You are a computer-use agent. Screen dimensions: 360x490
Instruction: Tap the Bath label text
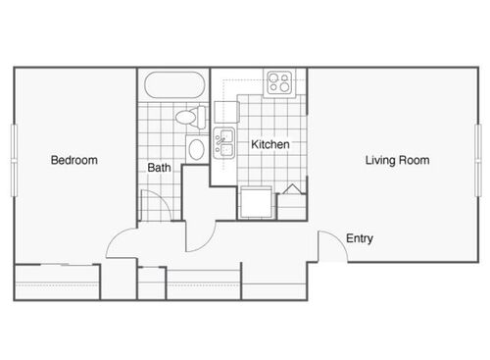tap(160, 168)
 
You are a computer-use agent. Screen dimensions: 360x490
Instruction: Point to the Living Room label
tap(397, 160)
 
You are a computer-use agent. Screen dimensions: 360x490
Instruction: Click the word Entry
tap(359, 238)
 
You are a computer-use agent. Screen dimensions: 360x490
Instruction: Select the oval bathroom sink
tap(197, 150)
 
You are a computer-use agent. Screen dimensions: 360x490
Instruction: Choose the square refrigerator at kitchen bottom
tap(257, 201)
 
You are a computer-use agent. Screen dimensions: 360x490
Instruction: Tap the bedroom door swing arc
tap(122, 239)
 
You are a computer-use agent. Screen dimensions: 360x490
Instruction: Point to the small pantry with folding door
tap(292, 202)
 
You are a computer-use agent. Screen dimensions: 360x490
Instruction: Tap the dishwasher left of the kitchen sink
tap(223, 116)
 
